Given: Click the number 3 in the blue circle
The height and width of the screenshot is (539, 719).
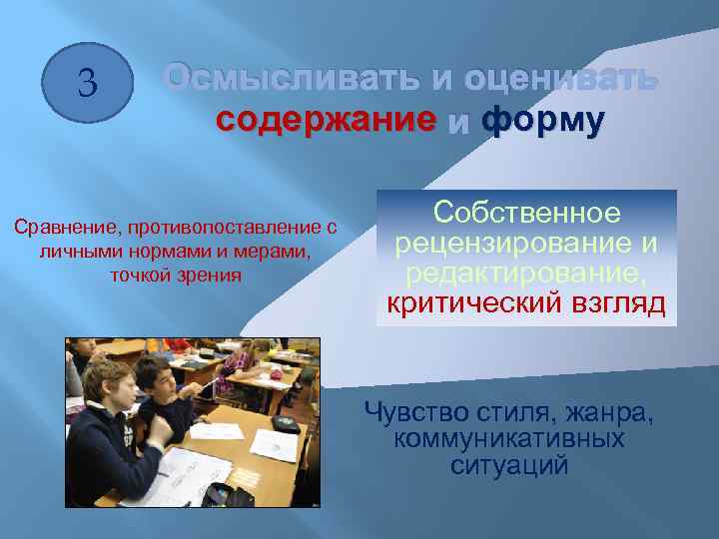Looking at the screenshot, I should click(x=87, y=82).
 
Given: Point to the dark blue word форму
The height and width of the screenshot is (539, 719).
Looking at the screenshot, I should click(x=542, y=121).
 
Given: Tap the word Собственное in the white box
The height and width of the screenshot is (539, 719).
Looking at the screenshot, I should click(x=526, y=214).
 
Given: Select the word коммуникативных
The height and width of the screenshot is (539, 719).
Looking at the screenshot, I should click(x=509, y=439).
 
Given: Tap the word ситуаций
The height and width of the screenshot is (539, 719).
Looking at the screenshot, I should click(x=509, y=465).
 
